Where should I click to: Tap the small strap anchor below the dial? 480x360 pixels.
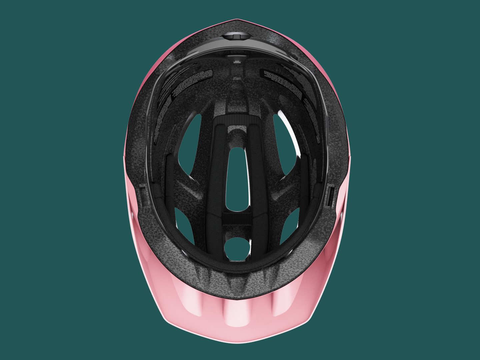(236, 60)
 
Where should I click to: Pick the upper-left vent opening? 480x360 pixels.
(190, 143)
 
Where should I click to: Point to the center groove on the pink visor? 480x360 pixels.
(237, 313)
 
